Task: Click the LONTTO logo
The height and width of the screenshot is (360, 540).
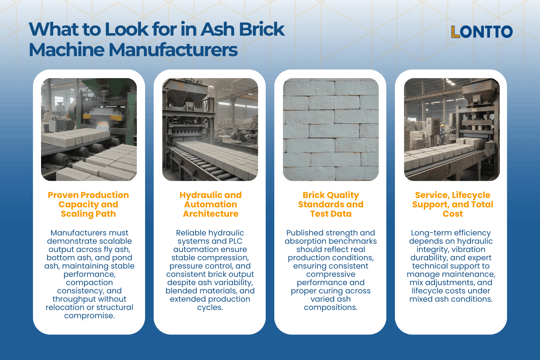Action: point(482,32)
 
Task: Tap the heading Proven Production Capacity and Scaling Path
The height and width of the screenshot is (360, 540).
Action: point(88,204)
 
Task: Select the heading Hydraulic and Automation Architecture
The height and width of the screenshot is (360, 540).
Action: point(211,204)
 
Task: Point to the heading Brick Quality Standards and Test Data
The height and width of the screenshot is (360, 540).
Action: point(330,204)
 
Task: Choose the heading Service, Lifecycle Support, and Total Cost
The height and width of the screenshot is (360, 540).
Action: point(453,204)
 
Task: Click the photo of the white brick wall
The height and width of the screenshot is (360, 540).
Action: point(330,130)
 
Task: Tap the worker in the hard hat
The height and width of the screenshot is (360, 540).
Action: point(442,134)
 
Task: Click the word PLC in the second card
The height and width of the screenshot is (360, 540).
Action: point(235,241)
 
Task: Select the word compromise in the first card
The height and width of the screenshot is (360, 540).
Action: point(89,316)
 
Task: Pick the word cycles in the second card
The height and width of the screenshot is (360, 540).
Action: point(210,308)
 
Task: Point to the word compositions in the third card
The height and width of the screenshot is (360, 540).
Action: point(330,308)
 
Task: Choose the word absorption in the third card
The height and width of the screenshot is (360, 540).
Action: point(306,241)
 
